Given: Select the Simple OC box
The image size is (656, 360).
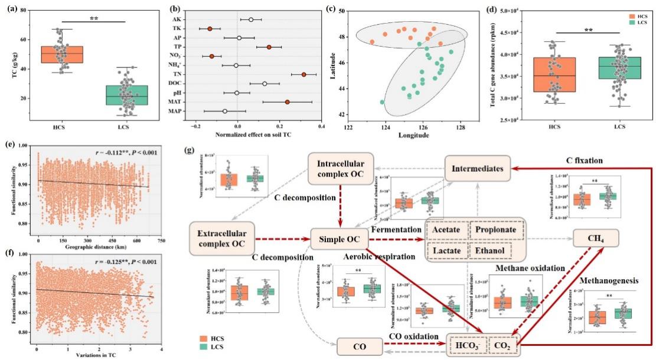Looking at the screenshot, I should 340,238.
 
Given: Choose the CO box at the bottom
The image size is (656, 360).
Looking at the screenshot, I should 358,345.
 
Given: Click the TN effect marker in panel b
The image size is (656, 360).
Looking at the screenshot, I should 304,74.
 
